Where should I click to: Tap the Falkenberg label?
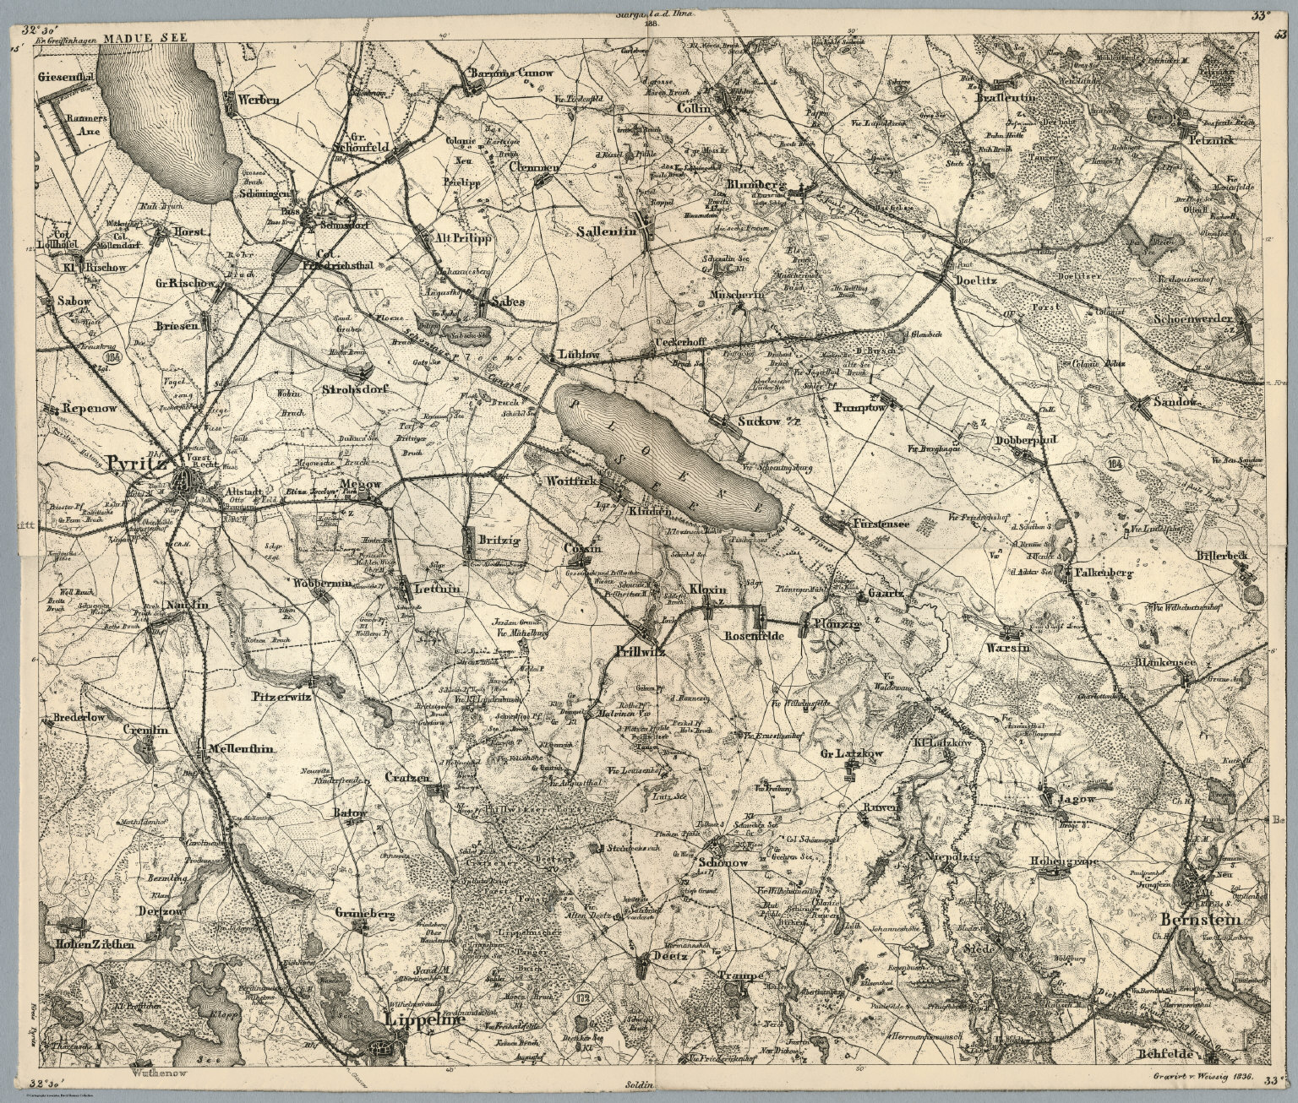(1103, 573)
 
